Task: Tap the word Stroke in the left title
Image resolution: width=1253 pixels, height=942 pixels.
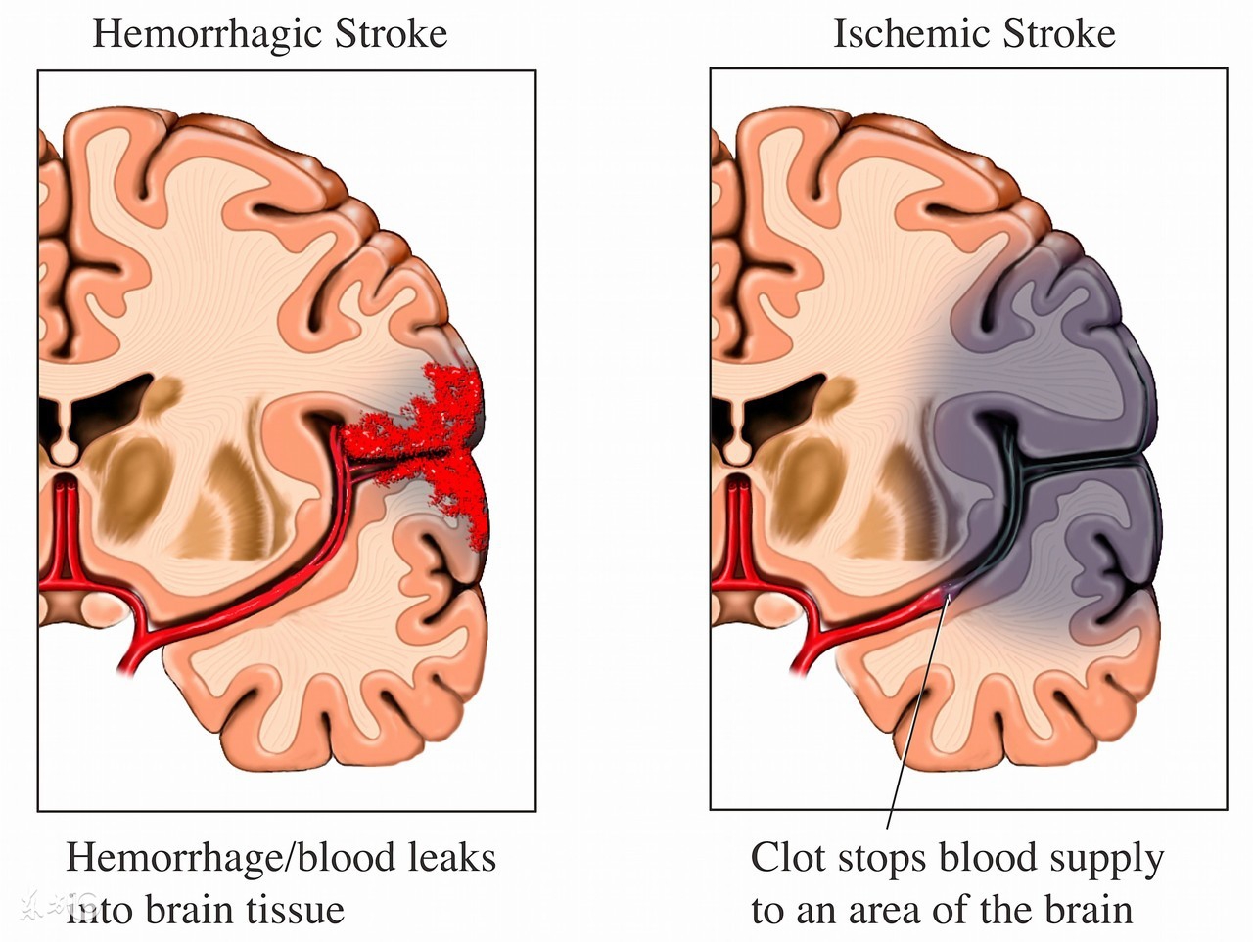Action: point(392,33)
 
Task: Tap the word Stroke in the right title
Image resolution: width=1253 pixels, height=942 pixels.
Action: point(1061,33)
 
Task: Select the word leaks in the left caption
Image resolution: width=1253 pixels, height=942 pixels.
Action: point(452,858)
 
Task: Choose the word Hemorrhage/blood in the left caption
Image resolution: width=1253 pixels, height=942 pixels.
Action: point(229,858)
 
